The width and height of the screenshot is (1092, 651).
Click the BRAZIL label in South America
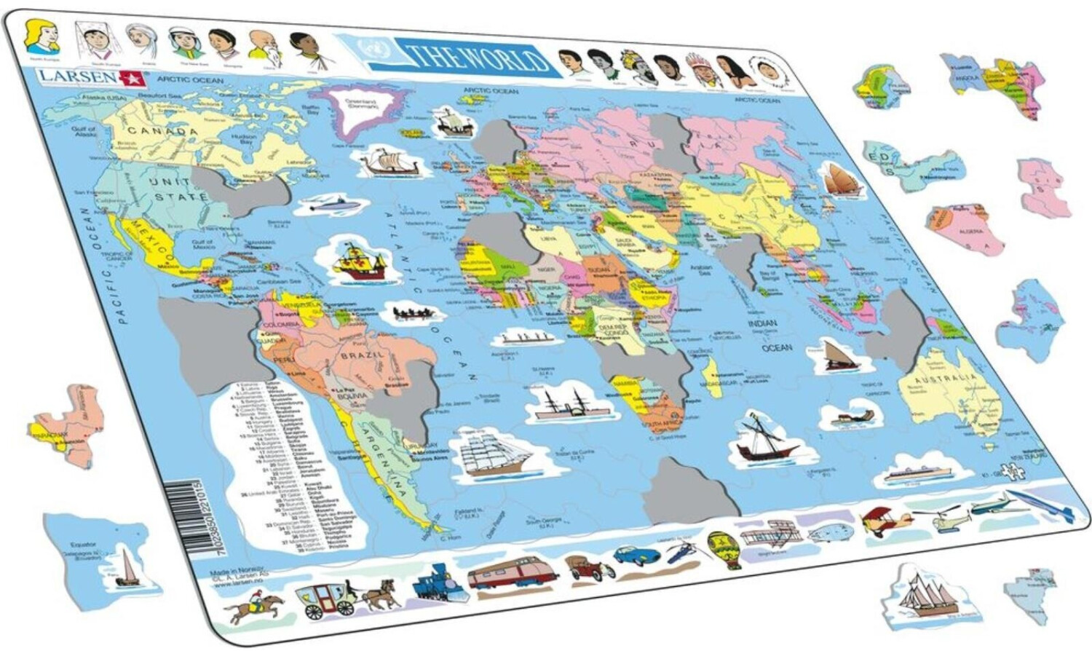tap(362, 356)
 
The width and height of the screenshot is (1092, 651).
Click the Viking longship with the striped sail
tap(389, 162)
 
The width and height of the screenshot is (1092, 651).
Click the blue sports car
tap(636, 555)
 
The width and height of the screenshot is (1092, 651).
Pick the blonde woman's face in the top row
tap(41, 36)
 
